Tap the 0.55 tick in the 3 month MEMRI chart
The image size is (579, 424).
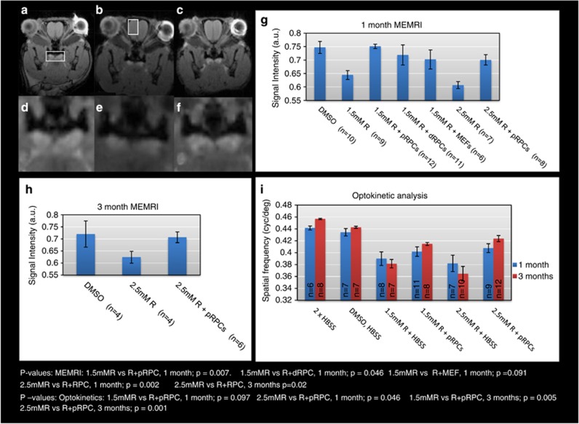coord(52,275)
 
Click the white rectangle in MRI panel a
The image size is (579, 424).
coord(60,56)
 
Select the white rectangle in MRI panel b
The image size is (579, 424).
coord(132,27)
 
